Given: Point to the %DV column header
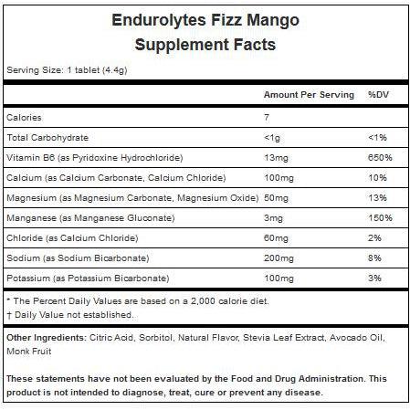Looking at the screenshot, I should (x=378, y=94).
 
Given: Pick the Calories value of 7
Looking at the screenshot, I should (x=267, y=118).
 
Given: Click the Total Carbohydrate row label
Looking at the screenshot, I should (x=47, y=138).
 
